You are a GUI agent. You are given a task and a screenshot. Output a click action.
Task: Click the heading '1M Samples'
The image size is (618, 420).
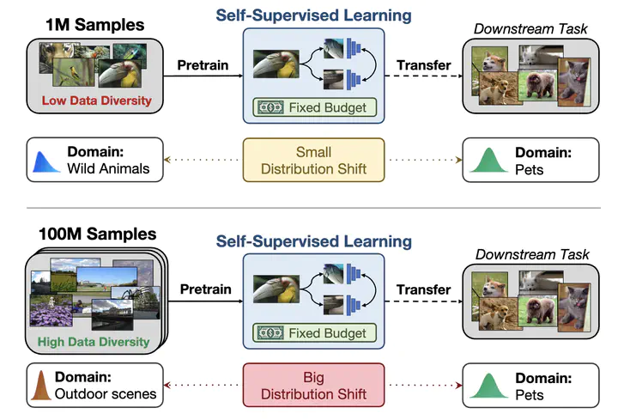click(95, 25)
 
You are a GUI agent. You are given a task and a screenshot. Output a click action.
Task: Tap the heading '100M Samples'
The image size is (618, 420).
click(97, 234)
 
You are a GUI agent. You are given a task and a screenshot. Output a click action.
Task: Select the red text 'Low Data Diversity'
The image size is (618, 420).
click(96, 100)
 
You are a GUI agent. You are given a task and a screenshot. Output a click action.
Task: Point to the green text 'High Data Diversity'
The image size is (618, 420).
click(94, 342)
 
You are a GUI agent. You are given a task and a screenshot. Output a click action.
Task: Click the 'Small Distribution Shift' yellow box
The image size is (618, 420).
click(314, 160)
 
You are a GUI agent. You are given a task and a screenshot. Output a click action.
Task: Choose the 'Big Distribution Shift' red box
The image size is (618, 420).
click(314, 386)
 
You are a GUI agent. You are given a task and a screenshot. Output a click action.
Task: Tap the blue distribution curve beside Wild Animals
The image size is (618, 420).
click(45, 162)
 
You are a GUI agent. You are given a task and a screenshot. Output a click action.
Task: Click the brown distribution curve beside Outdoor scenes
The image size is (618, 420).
click(41, 386)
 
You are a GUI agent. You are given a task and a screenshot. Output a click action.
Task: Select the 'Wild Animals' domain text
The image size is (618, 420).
click(108, 169)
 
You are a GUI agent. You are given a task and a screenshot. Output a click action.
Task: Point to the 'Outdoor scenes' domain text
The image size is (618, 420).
click(106, 393)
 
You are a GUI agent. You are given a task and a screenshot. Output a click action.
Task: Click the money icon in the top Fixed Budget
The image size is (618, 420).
click(270, 107)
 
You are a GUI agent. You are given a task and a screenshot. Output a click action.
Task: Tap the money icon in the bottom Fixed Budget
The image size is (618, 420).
click(270, 333)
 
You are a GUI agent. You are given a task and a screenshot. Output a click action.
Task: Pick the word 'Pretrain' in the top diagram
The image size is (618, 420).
click(203, 65)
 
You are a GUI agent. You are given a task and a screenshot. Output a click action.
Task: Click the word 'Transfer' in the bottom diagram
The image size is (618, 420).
click(424, 289)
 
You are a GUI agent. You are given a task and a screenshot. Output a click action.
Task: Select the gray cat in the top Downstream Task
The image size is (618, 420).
click(574, 82)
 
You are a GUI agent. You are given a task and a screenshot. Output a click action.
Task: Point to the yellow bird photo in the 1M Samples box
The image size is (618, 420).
click(73, 72)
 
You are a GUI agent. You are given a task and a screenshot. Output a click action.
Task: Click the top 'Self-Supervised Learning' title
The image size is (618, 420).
click(314, 15)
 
